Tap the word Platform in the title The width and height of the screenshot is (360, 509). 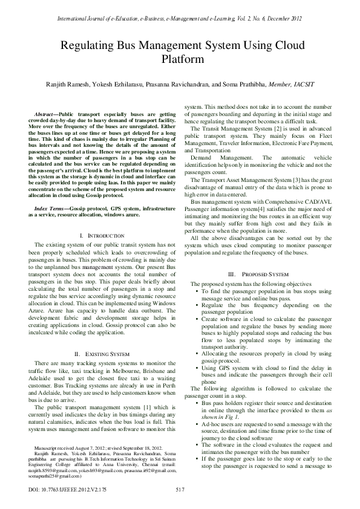coord(180,60)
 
